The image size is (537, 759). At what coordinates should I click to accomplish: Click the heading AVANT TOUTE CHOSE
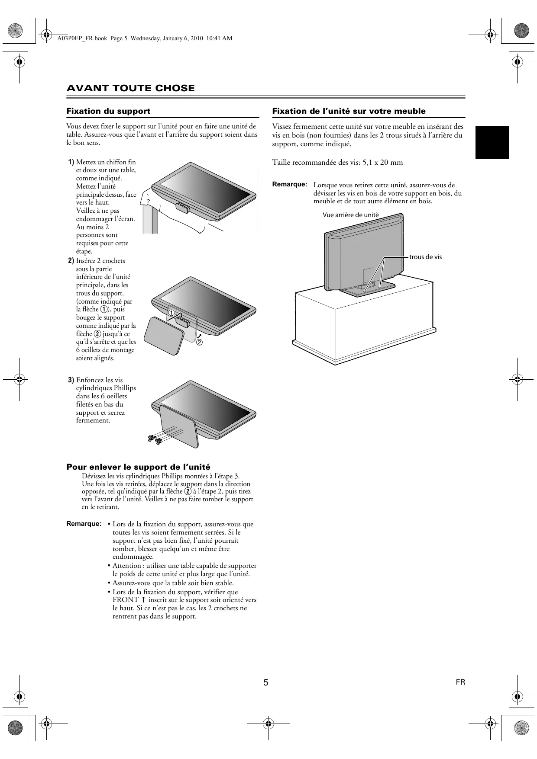click(x=130, y=88)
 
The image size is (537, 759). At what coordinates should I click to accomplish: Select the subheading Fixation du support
click(x=108, y=111)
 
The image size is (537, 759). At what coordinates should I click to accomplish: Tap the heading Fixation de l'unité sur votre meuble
click(x=349, y=111)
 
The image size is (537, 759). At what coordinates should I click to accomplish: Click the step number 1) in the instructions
click(x=71, y=162)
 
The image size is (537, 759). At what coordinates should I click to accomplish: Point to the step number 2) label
click(x=71, y=261)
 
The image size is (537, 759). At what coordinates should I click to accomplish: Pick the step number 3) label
click(x=71, y=380)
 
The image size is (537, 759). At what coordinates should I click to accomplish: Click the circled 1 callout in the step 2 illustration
click(x=171, y=312)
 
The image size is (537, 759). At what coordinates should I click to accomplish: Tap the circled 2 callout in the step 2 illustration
click(x=199, y=343)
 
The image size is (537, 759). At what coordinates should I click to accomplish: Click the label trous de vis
click(x=425, y=257)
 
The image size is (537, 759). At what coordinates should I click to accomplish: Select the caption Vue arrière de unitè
click(x=350, y=215)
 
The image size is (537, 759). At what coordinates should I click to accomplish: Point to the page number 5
click(x=266, y=682)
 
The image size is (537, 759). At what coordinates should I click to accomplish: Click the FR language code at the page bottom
click(x=460, y=682)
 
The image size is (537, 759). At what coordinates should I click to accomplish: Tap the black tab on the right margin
click(x=492, y=142)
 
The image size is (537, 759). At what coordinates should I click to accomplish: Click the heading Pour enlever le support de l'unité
click(x=138, y=467)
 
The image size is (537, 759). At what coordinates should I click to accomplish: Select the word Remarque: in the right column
click(x=290, y=184)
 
